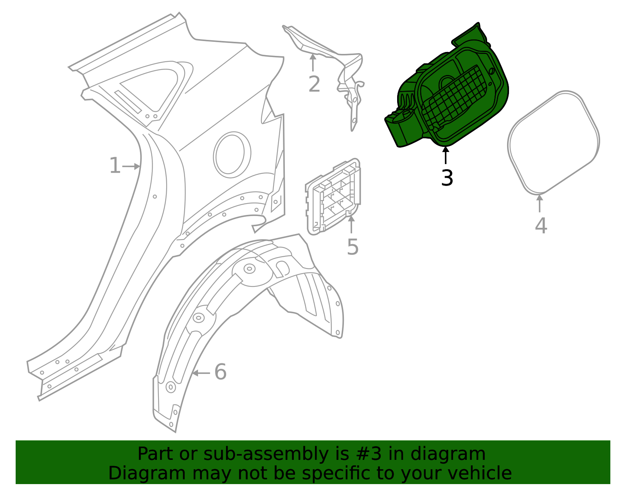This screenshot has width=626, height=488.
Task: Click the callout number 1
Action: [115, 166]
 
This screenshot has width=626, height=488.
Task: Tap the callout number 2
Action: [314, 85]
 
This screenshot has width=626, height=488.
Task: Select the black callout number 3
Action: [447, 178]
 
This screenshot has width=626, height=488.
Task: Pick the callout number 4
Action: [541, 226]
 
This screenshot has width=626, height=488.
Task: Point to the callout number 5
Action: [353, 247]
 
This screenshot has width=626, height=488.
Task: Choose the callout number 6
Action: [220, 372]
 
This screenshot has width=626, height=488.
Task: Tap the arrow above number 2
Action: [313, 63]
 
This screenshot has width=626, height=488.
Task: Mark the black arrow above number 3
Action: [446, 155]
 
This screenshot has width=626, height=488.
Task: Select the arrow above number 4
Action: [540, 203]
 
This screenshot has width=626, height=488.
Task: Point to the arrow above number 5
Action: [351, 224]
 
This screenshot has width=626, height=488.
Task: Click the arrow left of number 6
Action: [201, 373]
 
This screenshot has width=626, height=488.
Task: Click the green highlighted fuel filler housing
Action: [450, 90]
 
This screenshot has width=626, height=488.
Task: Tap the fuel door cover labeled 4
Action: [553, 143]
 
